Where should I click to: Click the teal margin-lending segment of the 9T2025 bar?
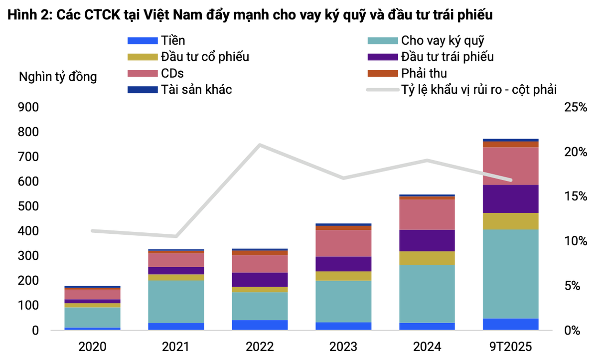(x=511, y=273)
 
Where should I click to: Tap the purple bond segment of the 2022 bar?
(x=260, y=279)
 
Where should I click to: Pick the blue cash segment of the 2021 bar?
(x=176, y=326)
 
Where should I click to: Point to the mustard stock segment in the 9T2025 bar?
(x=511, y=221)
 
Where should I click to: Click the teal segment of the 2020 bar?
(x=92, y=317)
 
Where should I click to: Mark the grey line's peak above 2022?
(x=260, y=145)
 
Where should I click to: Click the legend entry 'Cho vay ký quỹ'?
(x=443, y=41)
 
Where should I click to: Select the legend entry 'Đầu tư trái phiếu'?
(x=448, y=57)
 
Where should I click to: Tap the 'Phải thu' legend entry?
(x=424, y=73)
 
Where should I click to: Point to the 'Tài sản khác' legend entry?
(x=196, y=90)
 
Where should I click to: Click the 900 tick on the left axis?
(x=28, y=108)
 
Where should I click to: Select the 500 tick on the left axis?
(x=28, y=206)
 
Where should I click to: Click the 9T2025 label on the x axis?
(x=511, y=346)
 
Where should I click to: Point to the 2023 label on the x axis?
(x=343, y=346)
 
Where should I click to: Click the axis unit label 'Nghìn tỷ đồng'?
(x=58, y=77)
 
